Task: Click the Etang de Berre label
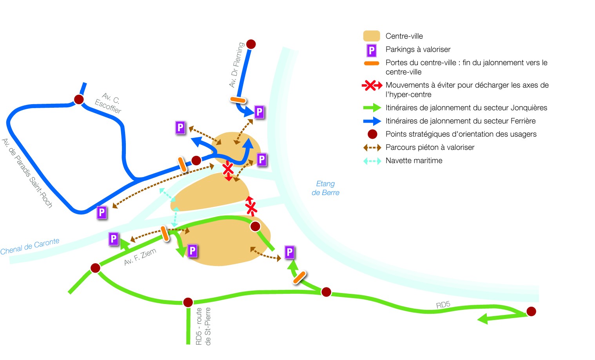325,188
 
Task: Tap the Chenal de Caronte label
30,246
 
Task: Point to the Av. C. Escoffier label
109,103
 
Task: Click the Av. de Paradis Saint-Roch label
27,173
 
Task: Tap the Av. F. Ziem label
140,257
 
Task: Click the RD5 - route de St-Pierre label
203,326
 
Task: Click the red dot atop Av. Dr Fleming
251,44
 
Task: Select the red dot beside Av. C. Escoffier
79,99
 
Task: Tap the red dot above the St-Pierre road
188,302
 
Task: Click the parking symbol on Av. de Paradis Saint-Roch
102,212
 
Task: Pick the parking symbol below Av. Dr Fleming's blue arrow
259,112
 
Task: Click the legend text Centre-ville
404,36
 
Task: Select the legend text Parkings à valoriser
418,49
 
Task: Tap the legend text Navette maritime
414,161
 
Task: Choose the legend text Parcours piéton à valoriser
430,147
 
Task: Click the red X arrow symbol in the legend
372,85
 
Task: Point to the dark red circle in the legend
372,134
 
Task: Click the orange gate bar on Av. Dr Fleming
238,100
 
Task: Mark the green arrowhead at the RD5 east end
483,319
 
